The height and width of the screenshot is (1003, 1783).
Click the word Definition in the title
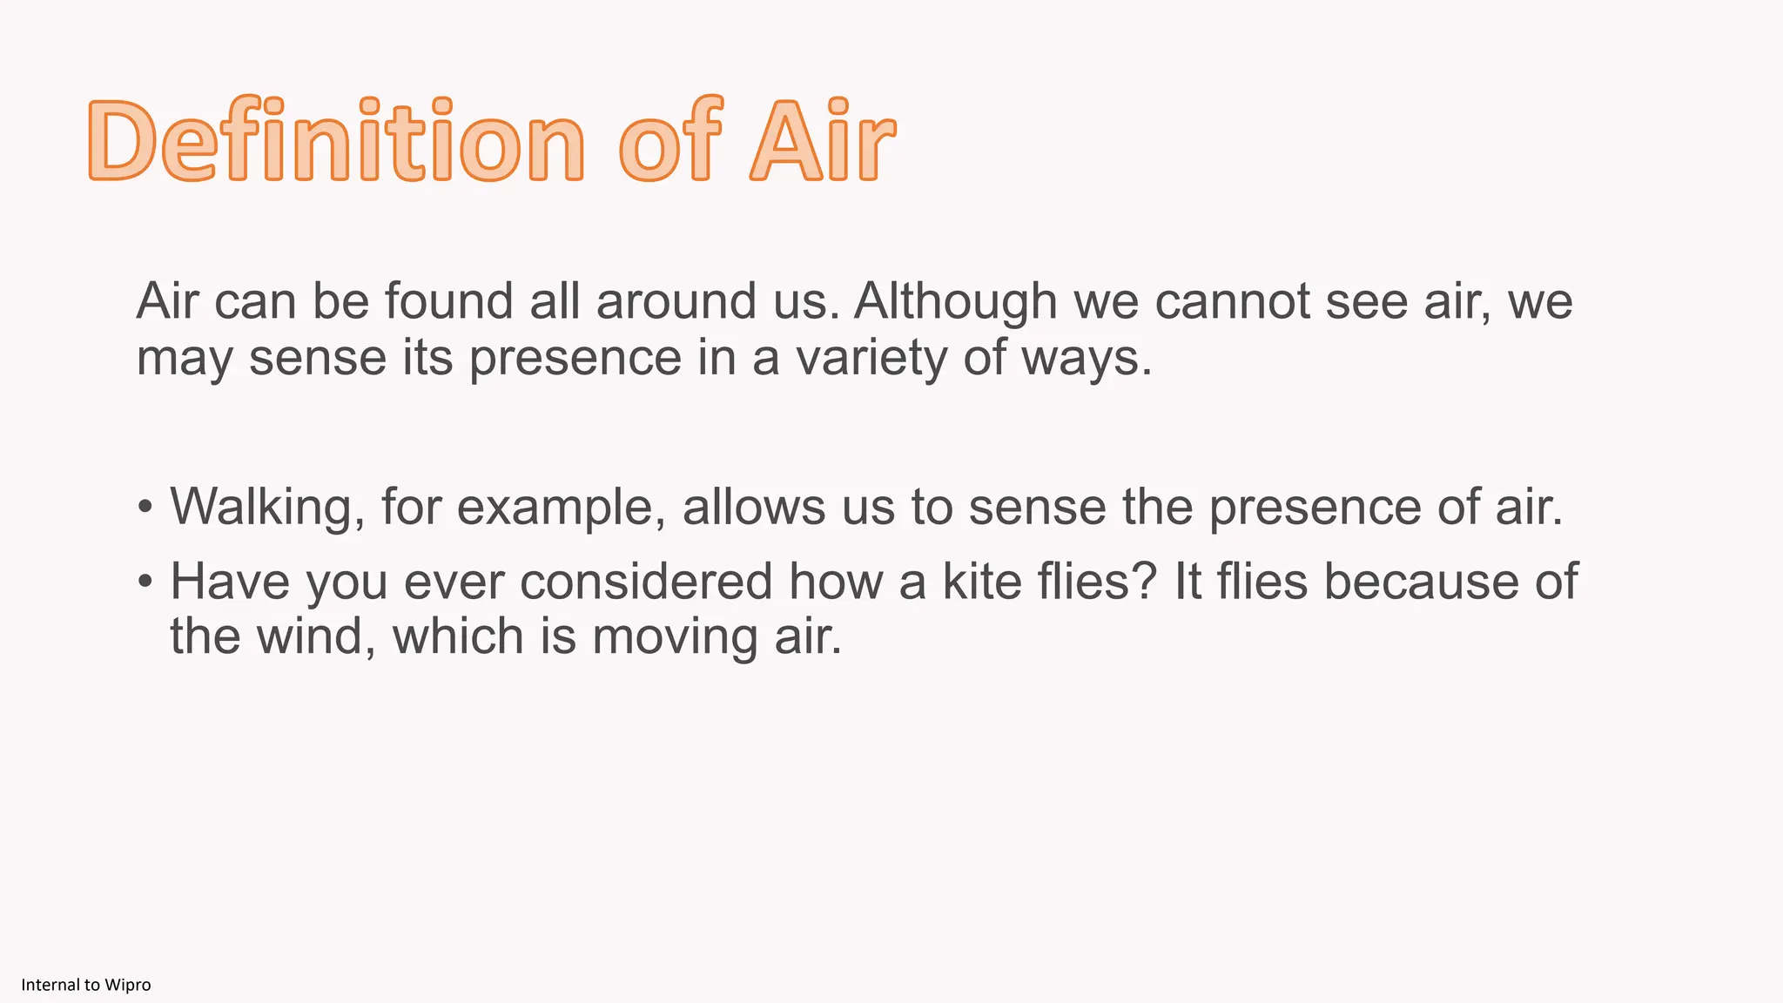[336, 141]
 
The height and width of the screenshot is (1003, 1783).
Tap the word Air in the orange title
[823, 141]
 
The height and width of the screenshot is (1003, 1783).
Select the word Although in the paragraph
[955, 302]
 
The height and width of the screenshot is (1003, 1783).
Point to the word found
[448, 302]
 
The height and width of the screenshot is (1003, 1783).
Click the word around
[676, 302]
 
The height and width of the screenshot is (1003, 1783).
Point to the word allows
[753, 506]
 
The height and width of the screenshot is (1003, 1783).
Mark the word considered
[646, 581]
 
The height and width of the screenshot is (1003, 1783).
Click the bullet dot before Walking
[145, 507]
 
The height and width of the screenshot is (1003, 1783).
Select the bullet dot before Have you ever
[145, 581]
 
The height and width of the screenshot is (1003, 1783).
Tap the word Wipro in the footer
[127, 985]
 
